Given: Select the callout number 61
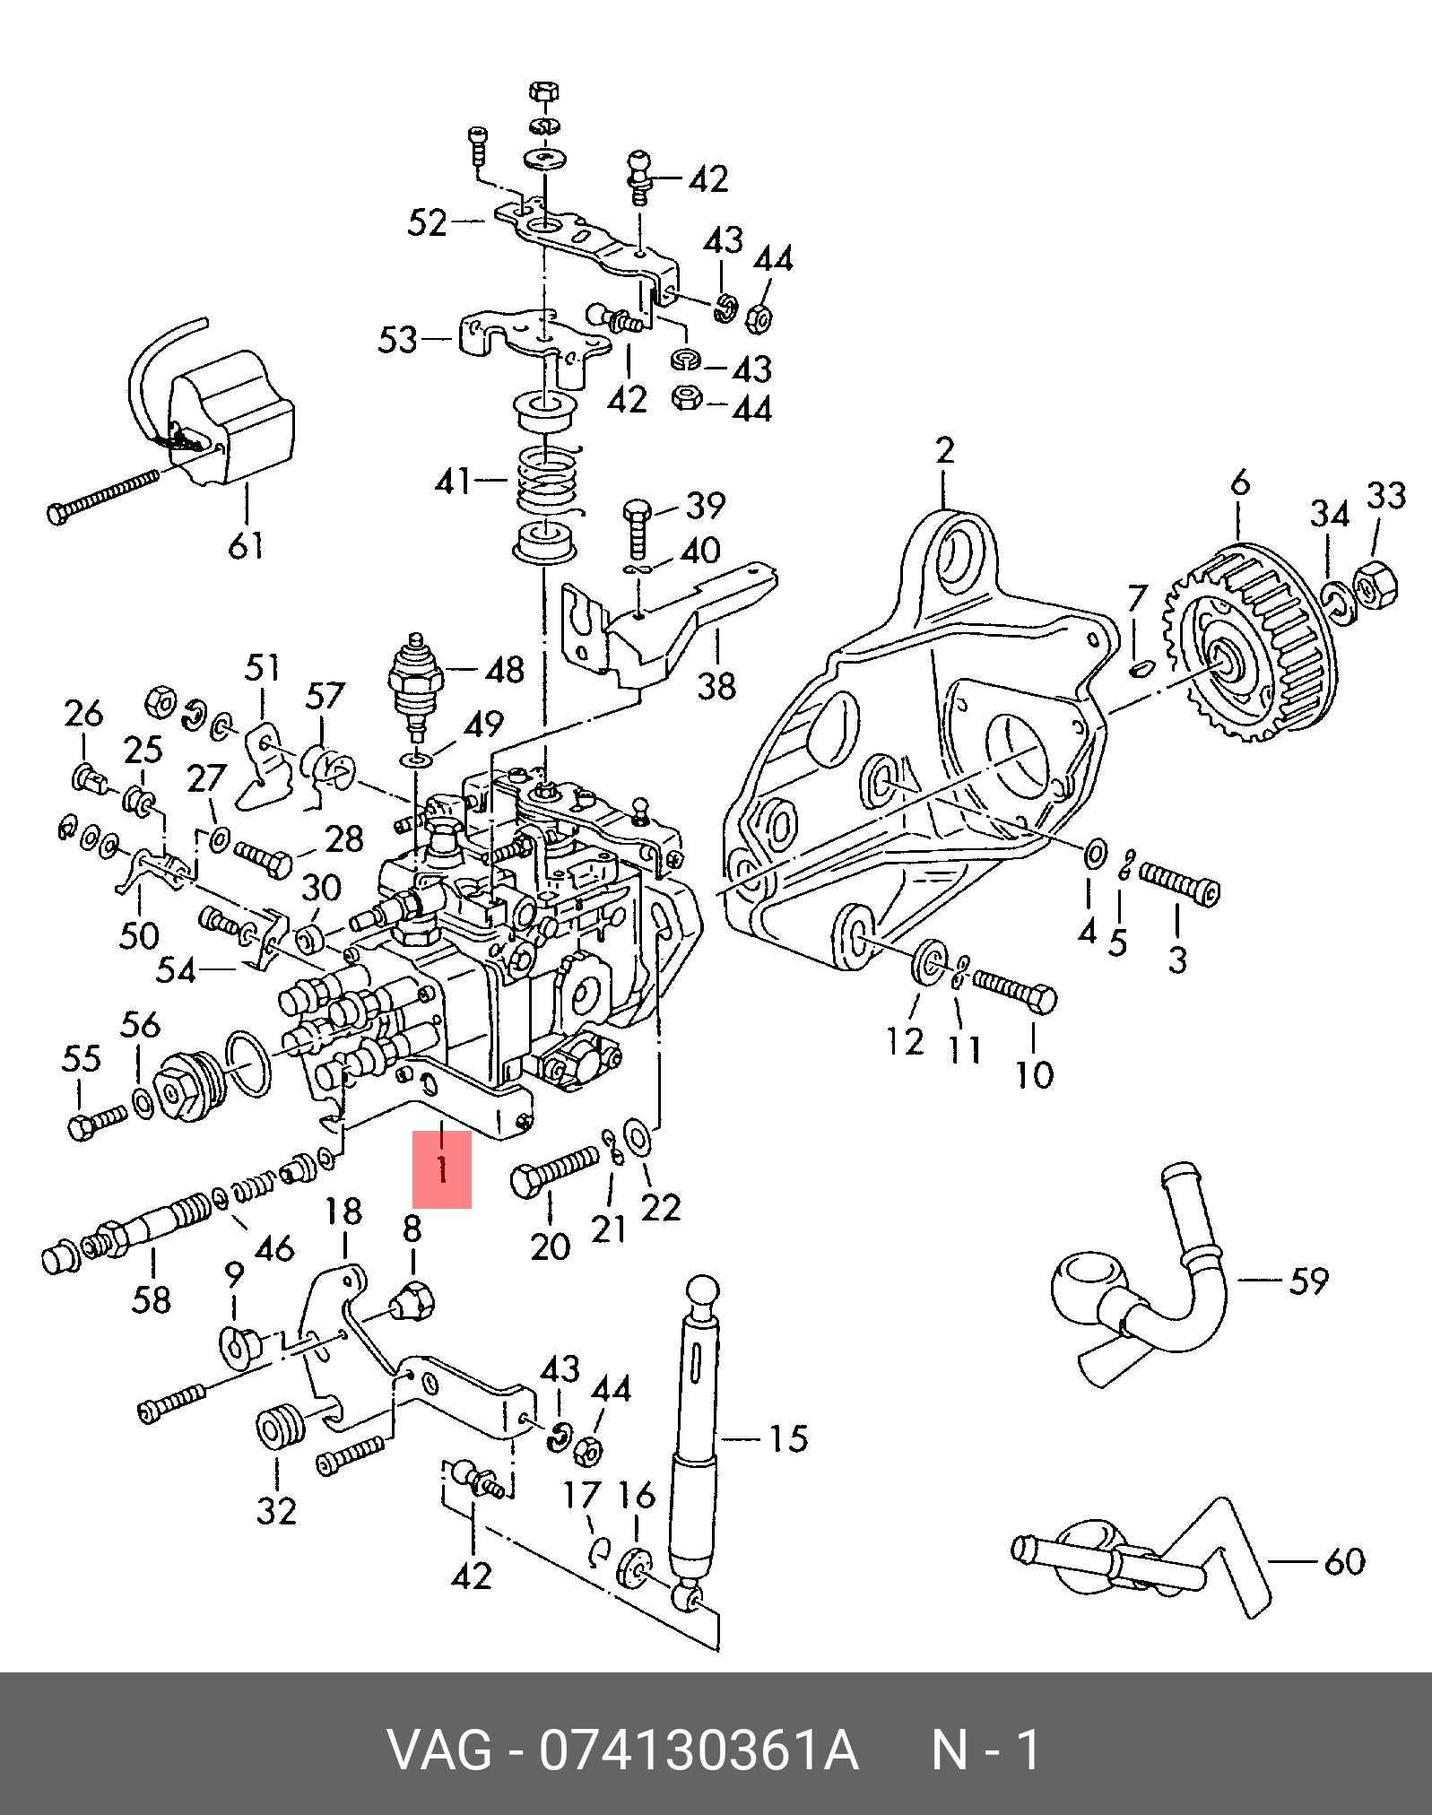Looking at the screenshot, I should pyautogui.click(x=245, y=544).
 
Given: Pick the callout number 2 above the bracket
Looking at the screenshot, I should pyautogui.click(x=945, y=450).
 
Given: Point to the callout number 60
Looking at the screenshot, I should pyautogui.click(x=1344, y=1560).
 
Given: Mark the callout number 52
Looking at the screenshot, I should pyautogui.click(x=427, y=222).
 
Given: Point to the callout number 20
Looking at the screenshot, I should pyautogui.click(x=550, y=1245).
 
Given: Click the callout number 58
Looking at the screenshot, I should pyautogui.click(x=151, y=1298).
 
